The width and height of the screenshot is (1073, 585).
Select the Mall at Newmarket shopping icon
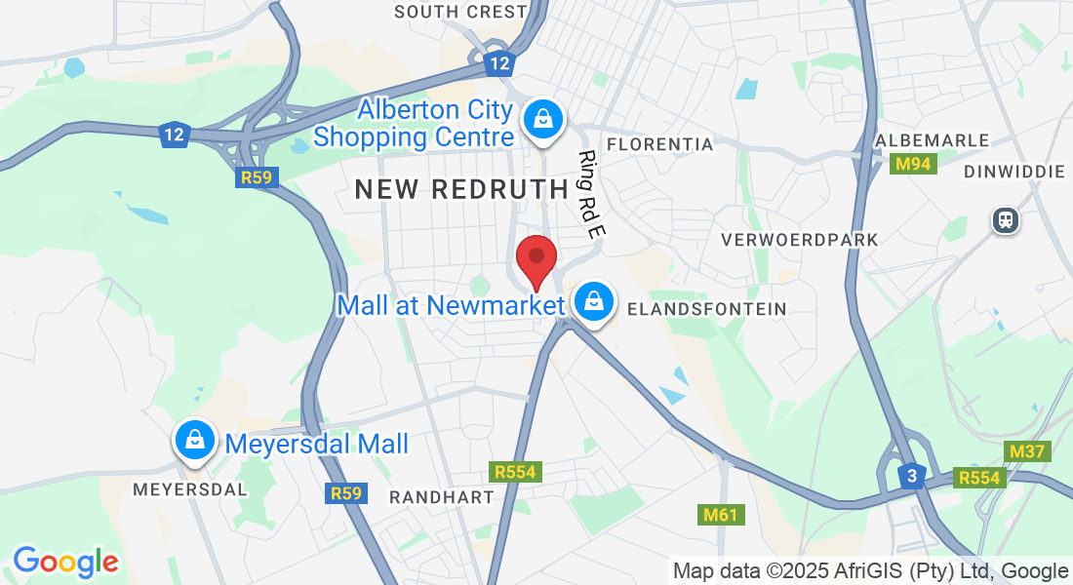593,303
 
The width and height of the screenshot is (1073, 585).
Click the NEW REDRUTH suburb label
461,189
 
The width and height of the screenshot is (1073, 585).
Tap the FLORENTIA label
660,144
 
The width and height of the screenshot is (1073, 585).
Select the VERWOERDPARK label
800,239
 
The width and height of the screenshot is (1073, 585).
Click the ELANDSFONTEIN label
707,309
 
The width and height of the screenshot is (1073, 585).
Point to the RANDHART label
442,497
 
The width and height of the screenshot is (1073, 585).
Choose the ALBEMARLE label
932,141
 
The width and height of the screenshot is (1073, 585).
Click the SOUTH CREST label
460,12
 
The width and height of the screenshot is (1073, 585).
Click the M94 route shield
914,164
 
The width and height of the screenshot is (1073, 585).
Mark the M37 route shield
1026,450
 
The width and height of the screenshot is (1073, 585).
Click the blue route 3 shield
911,476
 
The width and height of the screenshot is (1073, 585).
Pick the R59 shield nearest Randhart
345,493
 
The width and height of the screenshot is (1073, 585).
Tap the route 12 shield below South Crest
499,64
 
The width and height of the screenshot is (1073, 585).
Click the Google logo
65,562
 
